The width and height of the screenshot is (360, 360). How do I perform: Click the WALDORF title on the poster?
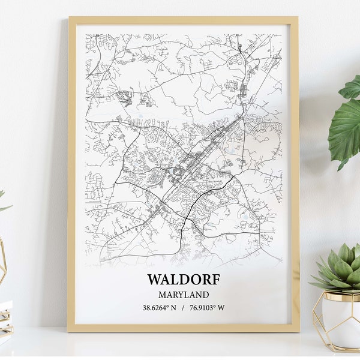(183, 280)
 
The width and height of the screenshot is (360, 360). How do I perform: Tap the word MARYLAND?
(184, 295)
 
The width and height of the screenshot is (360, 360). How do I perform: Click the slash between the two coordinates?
(183, 308)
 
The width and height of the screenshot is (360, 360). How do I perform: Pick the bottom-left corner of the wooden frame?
(68, 331)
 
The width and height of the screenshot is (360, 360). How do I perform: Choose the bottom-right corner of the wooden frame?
(298, 331)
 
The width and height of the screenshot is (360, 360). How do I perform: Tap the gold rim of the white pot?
(339, 295)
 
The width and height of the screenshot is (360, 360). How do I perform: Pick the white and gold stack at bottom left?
(5, 318)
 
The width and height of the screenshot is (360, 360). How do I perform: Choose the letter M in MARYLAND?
(162, 295)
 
